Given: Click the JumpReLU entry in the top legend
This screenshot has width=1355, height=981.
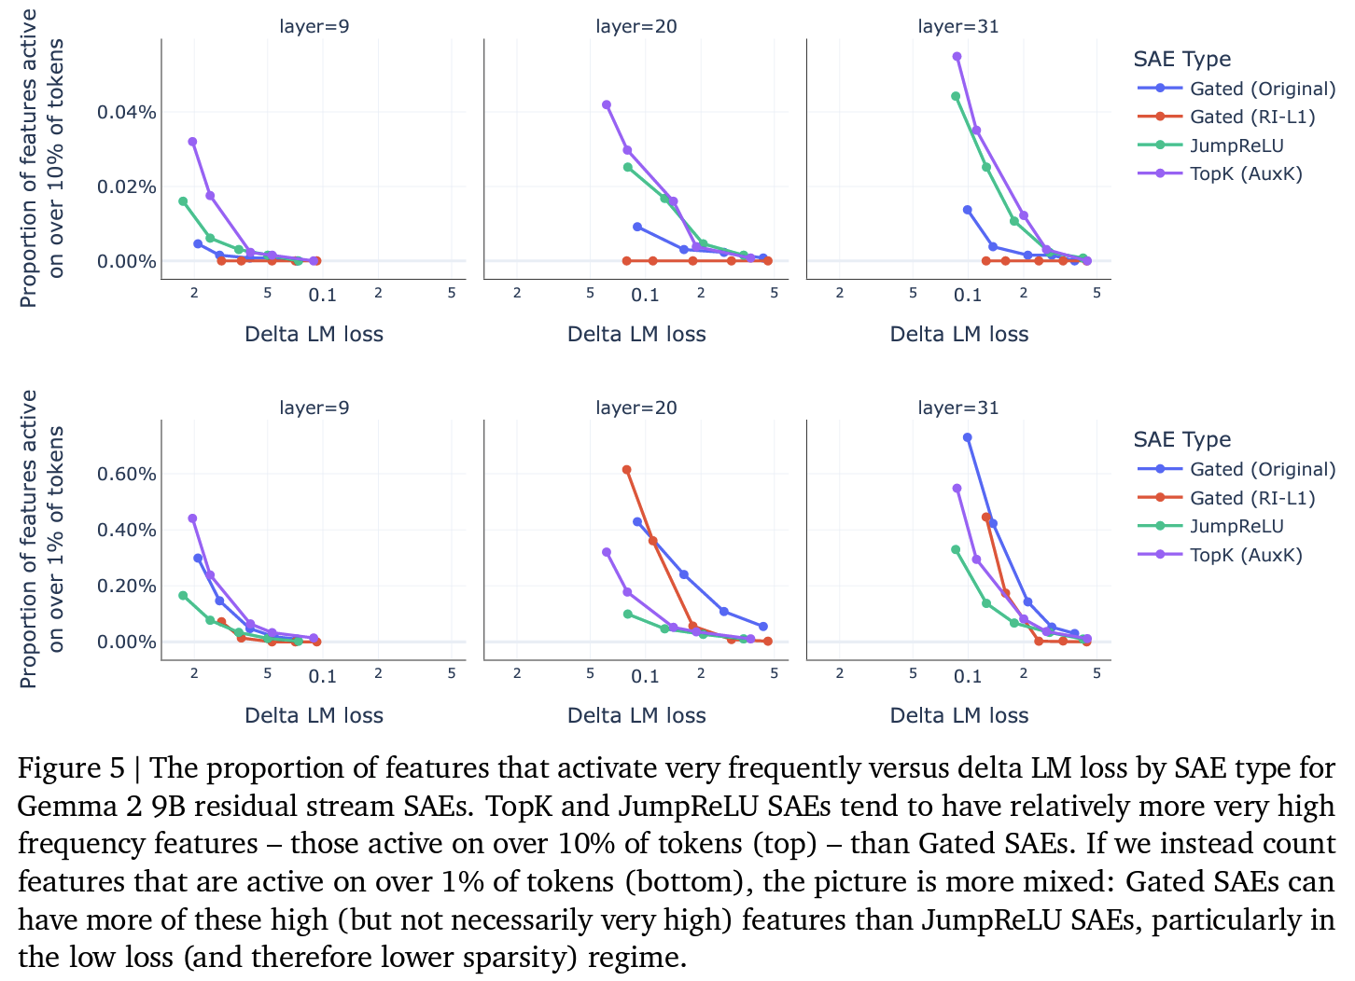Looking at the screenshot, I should click(x=1236, y=145).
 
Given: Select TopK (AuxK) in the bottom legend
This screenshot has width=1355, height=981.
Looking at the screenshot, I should click(x=1245, y=555).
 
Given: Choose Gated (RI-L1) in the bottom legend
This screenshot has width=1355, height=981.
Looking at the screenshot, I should click(x=1251, y=498).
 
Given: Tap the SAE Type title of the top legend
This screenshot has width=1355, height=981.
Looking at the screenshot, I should click(x=1181, y=59).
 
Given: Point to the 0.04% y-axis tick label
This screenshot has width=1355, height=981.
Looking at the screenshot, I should click(x=126, y=112).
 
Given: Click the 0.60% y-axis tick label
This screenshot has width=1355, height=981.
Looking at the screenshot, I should click(x=126, y=474).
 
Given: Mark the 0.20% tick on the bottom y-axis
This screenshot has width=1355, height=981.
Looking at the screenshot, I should click(x=126, y=586).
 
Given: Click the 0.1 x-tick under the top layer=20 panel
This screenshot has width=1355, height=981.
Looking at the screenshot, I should click(x=645, y=295).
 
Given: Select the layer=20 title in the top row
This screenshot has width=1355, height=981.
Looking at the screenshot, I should click(x=636, y=26).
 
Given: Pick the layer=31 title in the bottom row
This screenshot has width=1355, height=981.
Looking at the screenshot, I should click(x=958, y=408).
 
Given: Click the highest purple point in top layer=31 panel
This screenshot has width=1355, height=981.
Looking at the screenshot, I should click(x=957, y=56).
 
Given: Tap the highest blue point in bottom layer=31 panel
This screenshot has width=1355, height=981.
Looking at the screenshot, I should click(x=968, y=437).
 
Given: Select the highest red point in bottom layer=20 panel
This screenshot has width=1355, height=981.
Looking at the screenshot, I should click(x=626, y=470).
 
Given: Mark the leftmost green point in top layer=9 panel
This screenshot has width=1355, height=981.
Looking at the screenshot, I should click(x=183, y=201).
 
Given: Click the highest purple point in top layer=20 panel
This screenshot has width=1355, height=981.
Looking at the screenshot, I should click(x=607, y=105).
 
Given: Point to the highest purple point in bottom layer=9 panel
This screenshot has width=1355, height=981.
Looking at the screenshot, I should click(x=192, y=518).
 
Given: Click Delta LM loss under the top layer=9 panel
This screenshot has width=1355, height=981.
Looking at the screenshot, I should click(x=314, y=334).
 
